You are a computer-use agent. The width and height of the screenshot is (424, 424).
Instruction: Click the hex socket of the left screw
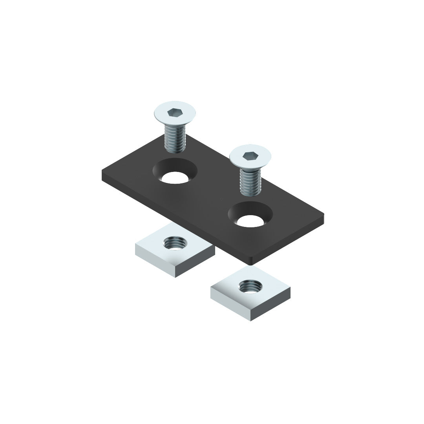174,113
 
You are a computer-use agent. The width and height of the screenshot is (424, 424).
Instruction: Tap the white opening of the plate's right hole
250,221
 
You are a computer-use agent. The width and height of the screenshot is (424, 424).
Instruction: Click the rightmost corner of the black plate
323,215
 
